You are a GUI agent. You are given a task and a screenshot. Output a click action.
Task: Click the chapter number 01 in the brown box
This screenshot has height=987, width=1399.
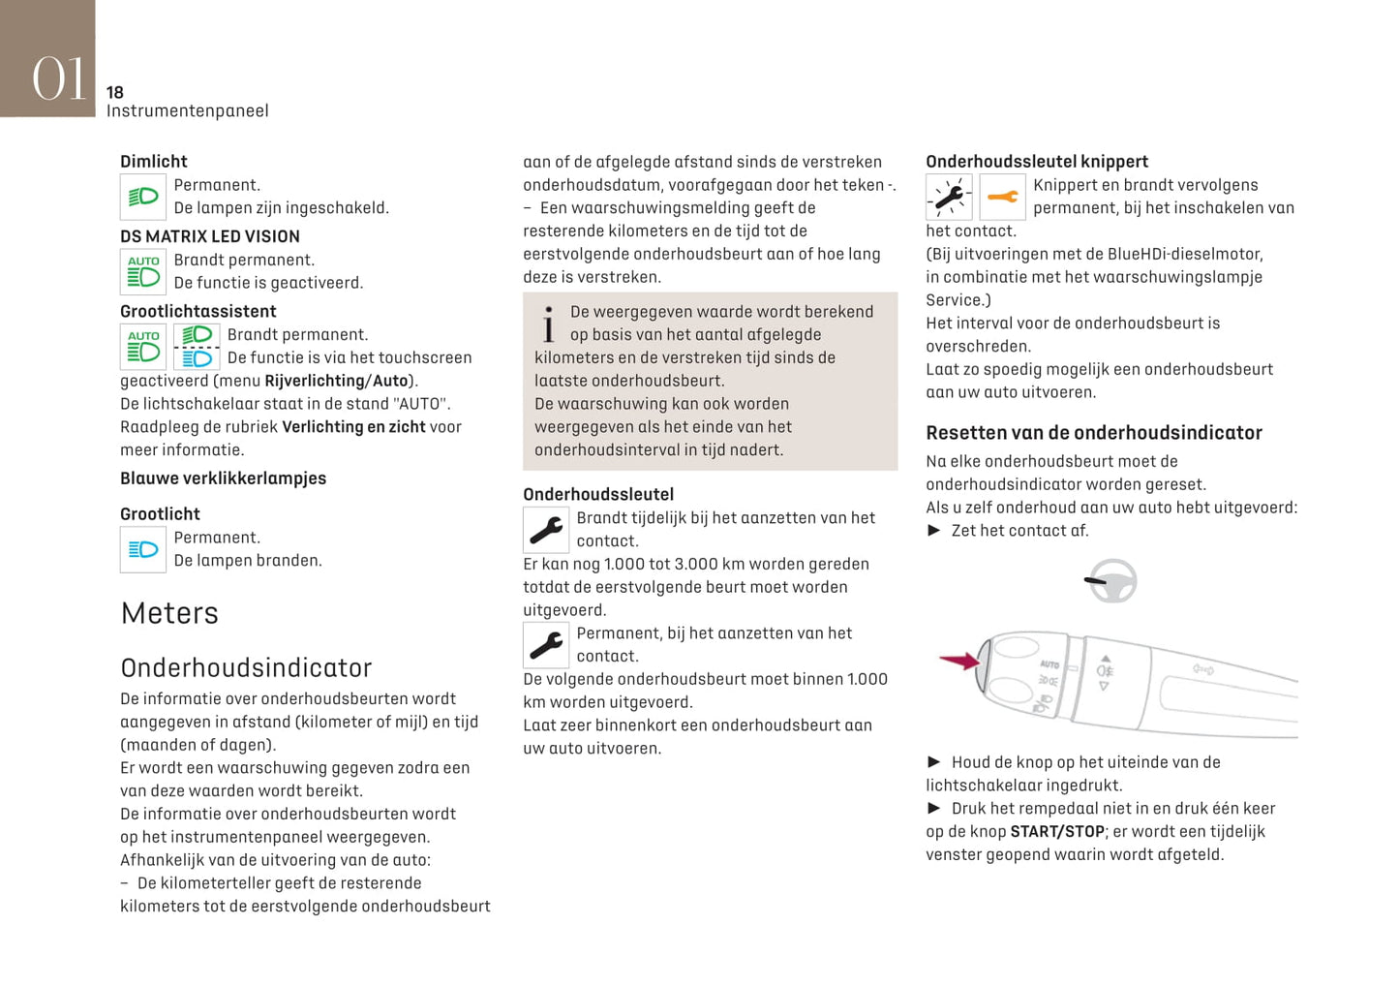click(59, 77)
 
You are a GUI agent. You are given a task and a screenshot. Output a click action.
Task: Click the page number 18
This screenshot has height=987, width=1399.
click(115, 92)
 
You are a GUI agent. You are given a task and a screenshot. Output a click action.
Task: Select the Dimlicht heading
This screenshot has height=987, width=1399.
click(154, 162)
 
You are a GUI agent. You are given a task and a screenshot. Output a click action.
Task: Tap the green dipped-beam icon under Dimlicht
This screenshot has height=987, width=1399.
click(143, 197)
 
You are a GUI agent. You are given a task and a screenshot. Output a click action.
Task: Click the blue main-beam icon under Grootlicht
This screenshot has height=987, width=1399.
click(143, 549)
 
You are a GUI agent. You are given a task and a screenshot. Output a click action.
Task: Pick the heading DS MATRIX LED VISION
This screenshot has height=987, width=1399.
click(210, 236)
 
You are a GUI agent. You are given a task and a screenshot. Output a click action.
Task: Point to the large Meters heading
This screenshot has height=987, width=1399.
click(169, 613)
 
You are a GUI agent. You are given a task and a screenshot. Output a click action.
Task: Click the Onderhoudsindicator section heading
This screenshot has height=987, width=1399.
click(246, 667)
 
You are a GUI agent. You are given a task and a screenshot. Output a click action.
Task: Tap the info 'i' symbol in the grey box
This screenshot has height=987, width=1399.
click(549, 324)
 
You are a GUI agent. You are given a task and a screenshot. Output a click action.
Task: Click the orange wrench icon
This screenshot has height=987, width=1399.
click(1002, 198)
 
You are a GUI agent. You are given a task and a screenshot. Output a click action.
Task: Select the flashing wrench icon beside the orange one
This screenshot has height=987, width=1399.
click(949, 198)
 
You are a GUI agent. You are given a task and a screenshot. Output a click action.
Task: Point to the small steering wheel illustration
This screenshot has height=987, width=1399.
click(1111, 581)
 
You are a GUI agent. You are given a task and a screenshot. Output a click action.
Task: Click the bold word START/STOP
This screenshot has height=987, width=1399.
click(1057, 831)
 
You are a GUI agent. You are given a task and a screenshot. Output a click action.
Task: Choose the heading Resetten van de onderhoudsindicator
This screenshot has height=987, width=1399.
click(1094, 433)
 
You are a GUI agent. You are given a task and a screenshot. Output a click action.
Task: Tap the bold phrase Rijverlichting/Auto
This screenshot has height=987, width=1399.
click(336, 381)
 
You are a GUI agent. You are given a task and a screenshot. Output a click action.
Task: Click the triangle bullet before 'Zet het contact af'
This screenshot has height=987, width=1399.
click(934, 530)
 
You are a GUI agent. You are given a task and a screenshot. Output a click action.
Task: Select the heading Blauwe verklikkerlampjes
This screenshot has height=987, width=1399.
click(223, 478)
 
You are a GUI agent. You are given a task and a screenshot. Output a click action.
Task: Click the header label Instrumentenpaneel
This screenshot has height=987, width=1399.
click(188, 111)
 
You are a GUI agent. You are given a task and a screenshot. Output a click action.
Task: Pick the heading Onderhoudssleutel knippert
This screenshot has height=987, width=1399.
click(1037, 162)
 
